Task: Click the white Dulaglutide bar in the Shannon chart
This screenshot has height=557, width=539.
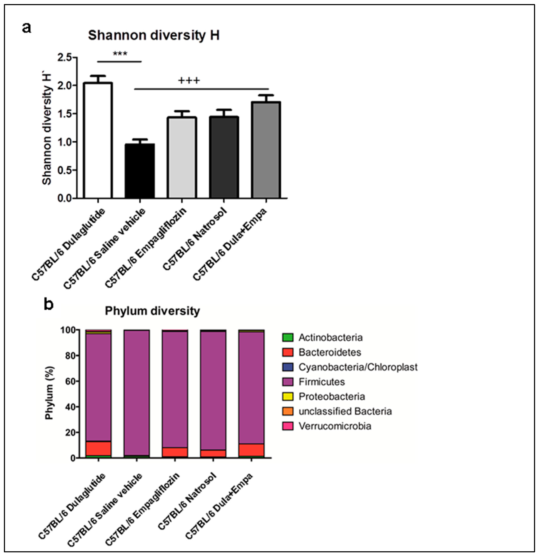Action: [x=98, y=141]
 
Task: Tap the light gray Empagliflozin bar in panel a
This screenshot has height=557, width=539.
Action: [x=182, y=158]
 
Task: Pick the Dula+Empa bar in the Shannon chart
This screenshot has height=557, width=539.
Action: [x=266, y=150]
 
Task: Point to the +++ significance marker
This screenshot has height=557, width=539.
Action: [x=189, y=81]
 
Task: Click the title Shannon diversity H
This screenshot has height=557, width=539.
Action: [x=153, y=35]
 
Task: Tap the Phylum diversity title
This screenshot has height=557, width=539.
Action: [x=152, y=311]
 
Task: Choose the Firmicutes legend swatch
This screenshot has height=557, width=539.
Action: [x=288, y=382]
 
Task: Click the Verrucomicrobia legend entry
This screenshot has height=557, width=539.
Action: [x=335, y=426]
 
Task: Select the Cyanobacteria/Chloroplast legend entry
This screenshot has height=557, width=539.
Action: [x=358, y=367]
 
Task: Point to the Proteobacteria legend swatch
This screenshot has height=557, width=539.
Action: [x=288, y=397]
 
